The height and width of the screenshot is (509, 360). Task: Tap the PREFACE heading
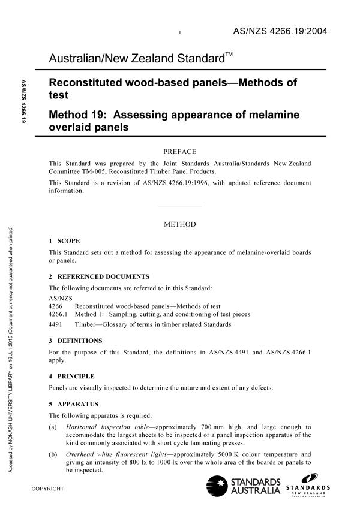tap(179, 152)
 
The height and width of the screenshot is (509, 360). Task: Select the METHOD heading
tap(179, 224)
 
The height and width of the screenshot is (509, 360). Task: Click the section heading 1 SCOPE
tap(64, 241)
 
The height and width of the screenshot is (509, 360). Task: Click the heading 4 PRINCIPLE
tap(71, 376)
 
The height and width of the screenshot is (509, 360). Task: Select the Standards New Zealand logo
tap(307, 486)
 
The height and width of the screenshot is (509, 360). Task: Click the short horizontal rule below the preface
tap(179, 206)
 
